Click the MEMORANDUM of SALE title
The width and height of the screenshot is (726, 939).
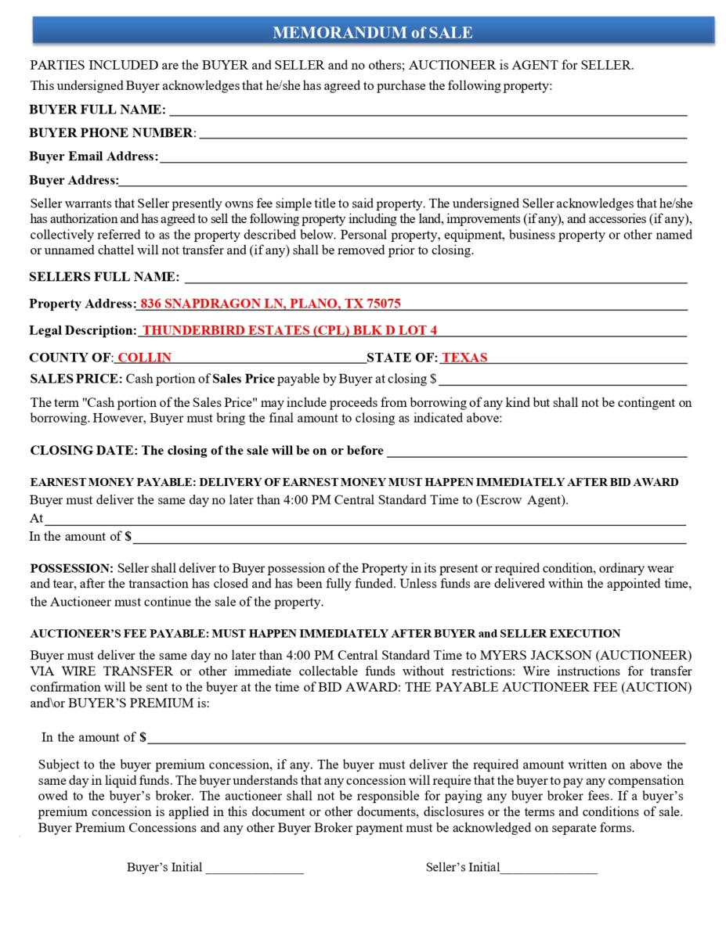372,32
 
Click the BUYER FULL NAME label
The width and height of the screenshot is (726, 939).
97,110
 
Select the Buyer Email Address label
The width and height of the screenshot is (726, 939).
92,156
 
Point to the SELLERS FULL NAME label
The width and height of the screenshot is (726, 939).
104,277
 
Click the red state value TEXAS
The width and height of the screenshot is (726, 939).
464,358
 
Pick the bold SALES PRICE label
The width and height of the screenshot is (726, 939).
76,380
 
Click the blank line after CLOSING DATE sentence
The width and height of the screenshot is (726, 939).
536,452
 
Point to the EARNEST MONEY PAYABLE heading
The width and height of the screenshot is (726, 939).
353,482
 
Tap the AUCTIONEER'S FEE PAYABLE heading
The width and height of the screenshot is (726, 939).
324,633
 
